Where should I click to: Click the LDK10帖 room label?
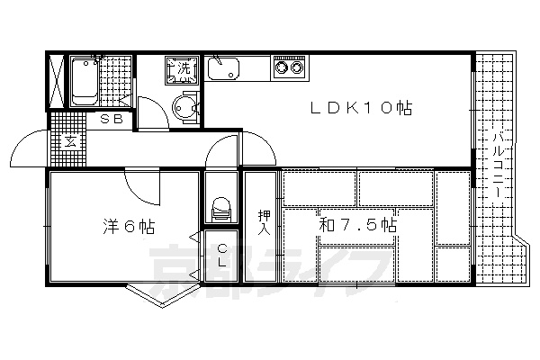pos(361,108)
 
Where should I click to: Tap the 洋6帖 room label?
pos(129,226)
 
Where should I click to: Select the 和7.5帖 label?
pos(358,225)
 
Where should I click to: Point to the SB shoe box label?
pos(112,119)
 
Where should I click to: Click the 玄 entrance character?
pos(71,141)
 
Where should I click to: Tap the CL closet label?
pos(222,255)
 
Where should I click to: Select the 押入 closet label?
pos(265,222)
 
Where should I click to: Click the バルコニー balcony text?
pos(498,165)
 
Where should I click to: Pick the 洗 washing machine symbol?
pos(183,70)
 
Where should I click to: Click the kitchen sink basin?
pos(223,68)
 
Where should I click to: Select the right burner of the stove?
pos(296,67)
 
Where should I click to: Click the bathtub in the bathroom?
pos(85,81)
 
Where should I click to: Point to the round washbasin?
pos(184,107)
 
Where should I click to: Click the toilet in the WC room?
pos(221,209)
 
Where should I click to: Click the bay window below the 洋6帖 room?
pos(162,295)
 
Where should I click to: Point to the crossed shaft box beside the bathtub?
pos(56,81)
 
